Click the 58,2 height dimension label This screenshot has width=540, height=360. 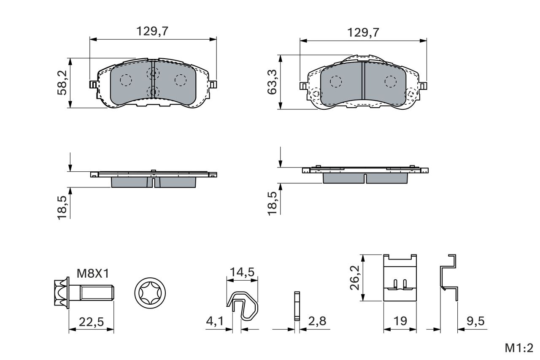(62, 83)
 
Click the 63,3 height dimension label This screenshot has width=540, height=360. (272, 82)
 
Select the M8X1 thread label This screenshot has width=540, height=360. (93, 273)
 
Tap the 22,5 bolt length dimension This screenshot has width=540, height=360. (92, 322)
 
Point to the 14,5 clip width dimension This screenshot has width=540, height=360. (242, 272)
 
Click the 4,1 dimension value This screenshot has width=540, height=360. (215, 321)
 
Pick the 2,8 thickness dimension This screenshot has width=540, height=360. (317, 321)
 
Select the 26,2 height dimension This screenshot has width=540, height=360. (355, 278)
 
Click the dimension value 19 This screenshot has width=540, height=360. (400, 321)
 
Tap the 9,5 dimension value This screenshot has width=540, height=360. (475, 321)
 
